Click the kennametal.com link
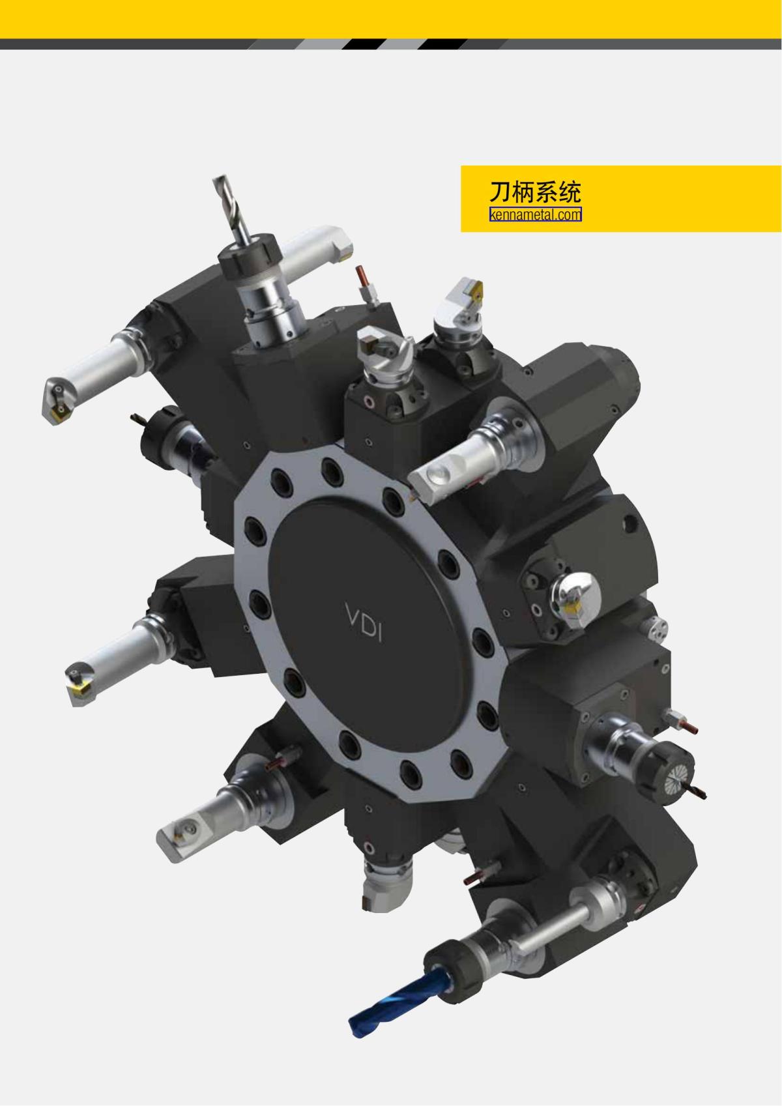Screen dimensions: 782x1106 click(535, 214)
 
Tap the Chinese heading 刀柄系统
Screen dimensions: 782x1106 click(535, 192)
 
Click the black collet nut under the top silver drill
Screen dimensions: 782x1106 click(250, 262)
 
